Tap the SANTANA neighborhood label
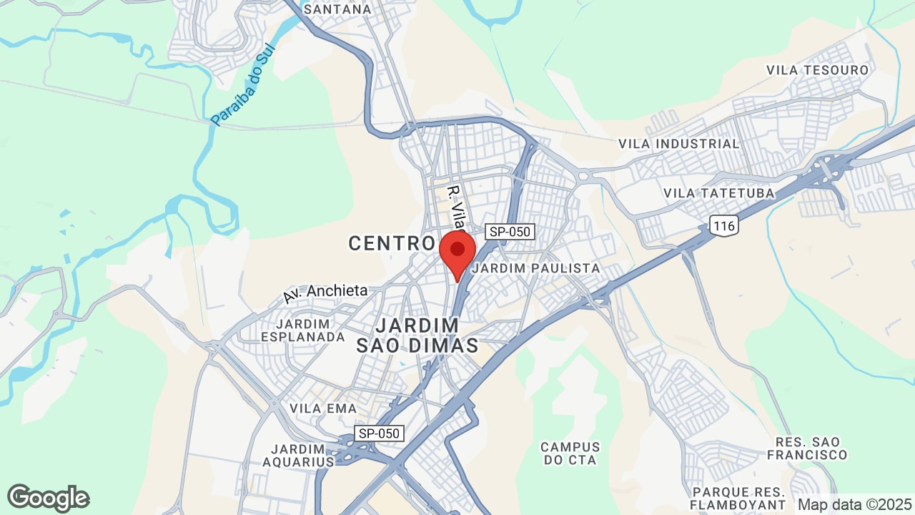coord(337,9)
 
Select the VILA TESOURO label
coord(817,70)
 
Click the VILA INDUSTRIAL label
coord(678,144)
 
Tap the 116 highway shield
coord(724,226)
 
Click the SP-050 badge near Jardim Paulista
coord(510,232)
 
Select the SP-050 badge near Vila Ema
coord(380,433)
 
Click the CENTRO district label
coord(392,243)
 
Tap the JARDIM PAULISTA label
coord(535,268)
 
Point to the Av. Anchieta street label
coord(325,292)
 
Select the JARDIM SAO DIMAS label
coord(417,335)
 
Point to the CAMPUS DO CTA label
coord(570,453)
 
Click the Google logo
coord(48,498)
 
